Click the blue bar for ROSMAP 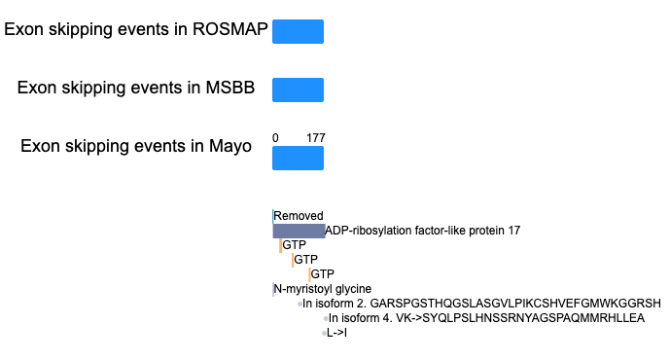pos(298,31)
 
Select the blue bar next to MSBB pos(298,90)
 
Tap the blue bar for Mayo pos(298,159)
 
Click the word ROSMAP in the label pos(229,29)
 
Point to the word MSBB pos(229,88)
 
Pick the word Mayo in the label pos(229,146)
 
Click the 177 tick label pos(316,137)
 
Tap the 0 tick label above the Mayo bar pos(275,137)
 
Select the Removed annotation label pos(299,215)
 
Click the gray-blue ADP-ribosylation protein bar pos(300,231)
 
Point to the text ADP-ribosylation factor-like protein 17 pos(423,231)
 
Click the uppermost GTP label pos(294,245)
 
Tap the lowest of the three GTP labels pos(322,274)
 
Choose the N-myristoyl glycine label pos(323,289)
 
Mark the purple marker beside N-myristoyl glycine pos(273,289)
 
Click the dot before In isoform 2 pos(300,304)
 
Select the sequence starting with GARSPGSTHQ pos(515,304)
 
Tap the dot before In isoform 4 pos(326,318)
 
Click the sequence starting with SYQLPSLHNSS pos(533,318)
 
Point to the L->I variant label pos(336,333)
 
